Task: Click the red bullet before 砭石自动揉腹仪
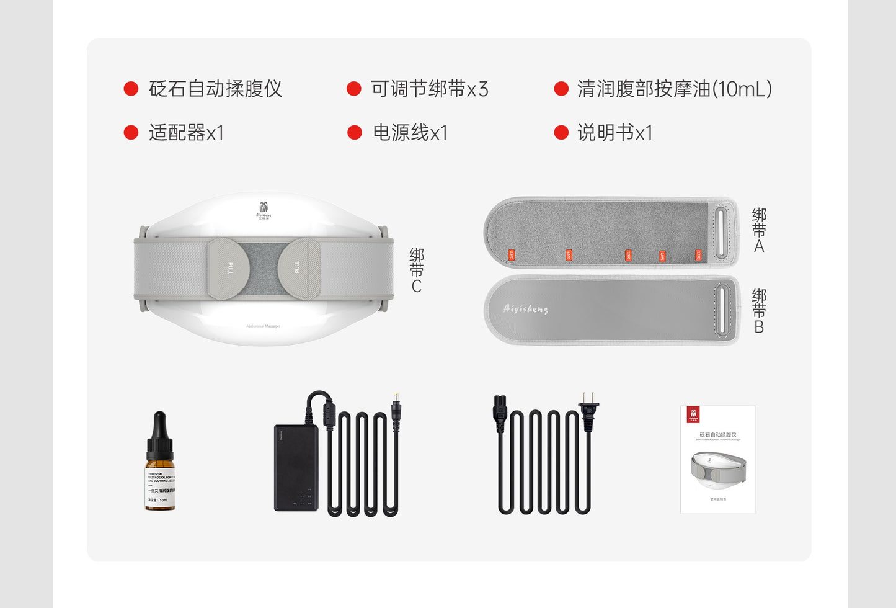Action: point(131,89)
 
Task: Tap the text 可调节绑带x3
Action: point(430,89)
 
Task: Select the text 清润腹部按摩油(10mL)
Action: point(675,89)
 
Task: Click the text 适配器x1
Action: point(186,132)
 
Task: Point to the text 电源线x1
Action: point(410,132)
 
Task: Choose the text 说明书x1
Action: point(614,132)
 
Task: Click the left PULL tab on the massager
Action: point(229,268)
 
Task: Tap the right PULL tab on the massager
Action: point(298,268)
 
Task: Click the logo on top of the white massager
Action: point(264,210)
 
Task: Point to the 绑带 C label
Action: point(417,270)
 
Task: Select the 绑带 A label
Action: point(759,230)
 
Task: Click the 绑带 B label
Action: point(759,311)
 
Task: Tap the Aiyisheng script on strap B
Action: point(526,308)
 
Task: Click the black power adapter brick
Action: point(296,468)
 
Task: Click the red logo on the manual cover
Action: point(693,414)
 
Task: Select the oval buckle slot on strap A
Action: point(721,233)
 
